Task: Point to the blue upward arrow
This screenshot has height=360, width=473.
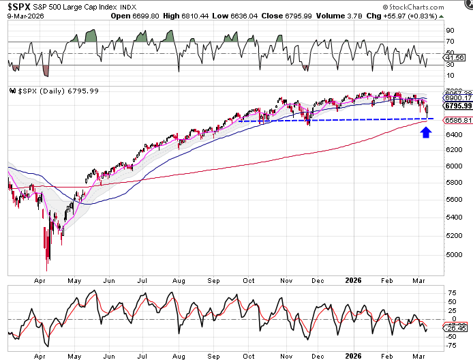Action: [425, 132]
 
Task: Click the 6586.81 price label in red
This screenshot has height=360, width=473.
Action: [458, 120]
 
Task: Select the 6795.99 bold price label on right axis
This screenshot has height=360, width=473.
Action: [458, 106]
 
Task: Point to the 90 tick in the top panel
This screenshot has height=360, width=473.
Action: [450, 30]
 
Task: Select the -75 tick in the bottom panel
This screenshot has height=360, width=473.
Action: [452, 345]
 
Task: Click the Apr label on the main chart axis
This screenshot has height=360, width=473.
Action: [39, 280]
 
